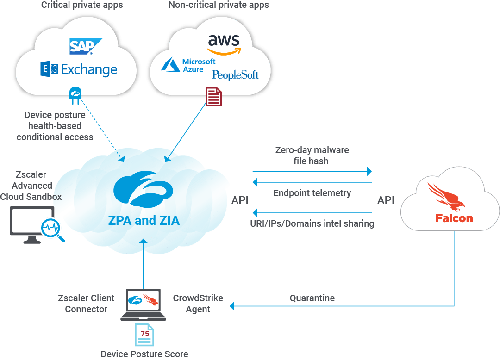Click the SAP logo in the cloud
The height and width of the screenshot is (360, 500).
(86, 47)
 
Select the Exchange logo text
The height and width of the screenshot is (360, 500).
(79, 70)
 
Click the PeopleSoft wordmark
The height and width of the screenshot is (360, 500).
(235, 75)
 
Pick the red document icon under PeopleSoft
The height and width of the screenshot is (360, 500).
(213, 97)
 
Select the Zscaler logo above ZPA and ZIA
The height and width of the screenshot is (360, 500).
(143, 190)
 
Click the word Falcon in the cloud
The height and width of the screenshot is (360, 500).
(454, 218)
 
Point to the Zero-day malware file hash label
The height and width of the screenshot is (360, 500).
(312, 155)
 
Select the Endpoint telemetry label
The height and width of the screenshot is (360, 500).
(312, 193)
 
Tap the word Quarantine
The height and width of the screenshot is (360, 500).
(312, 298)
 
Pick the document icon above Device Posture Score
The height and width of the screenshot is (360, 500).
(145, 335)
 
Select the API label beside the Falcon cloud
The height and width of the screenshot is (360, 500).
(386, 200)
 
